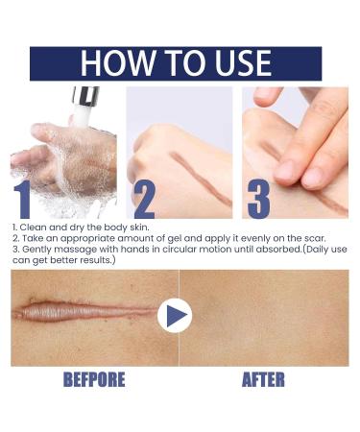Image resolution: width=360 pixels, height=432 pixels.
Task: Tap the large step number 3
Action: (x=258, y=197)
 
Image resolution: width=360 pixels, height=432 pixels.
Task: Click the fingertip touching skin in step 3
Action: (x=288, y=170)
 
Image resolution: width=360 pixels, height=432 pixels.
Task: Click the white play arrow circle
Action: (x=175, y=315)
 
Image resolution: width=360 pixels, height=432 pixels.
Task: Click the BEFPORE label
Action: (x=93, y=379)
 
